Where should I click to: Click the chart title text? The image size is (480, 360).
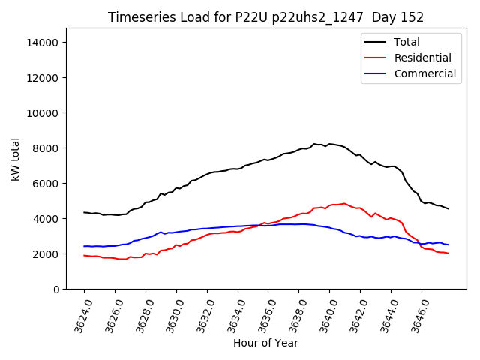click(x=265, y=17)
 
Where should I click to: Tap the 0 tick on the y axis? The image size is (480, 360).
click(x=55, y=289)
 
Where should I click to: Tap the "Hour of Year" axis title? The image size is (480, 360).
click(x=265, y=343)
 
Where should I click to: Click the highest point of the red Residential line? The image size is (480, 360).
click(x=344, y=203)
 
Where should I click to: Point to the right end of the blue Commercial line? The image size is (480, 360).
click(x=448, y=244)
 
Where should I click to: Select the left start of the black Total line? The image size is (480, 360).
click(x=84, y=212)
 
